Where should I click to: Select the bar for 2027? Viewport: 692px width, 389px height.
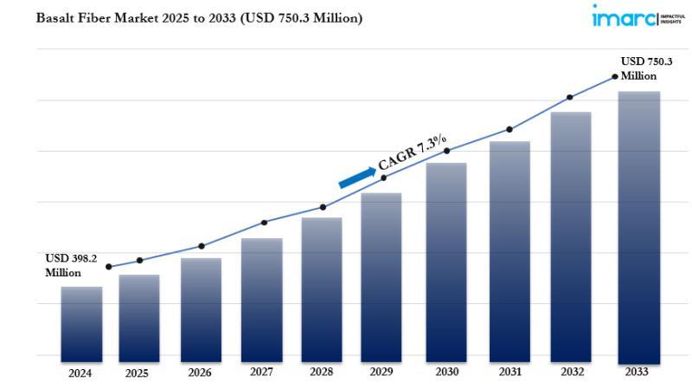click(x=261, y=299)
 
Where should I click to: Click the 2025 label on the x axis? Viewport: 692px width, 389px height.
click(x=137, y=373)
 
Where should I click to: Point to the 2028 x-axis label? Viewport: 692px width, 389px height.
click(x=322, y=373)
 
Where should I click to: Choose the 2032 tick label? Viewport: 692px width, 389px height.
click(x=571, y=373)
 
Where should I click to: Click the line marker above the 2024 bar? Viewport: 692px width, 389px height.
click(x=108, y=267)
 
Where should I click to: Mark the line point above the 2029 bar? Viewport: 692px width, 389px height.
click(x=384, y=178)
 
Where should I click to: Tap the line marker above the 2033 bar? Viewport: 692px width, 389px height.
click(x=615, y=76)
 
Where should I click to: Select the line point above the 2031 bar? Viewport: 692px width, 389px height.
click(x=509, y=129)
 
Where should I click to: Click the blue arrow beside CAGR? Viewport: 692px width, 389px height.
click(x=356, y=176)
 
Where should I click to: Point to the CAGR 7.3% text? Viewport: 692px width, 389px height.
click(x=413, y=152)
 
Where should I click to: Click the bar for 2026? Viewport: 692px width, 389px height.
click(x=201, y=308)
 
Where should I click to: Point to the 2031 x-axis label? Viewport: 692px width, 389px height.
click(x=509, y=373)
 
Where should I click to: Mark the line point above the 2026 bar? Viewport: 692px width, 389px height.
click(x=202, y=246)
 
